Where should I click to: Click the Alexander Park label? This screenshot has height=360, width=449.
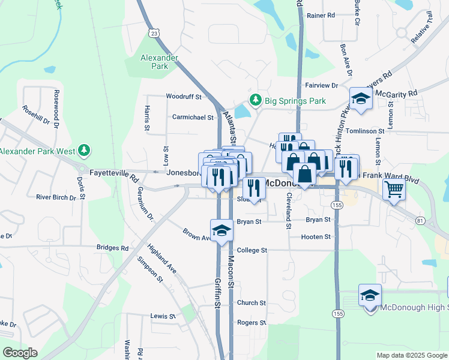[x=159, y=62]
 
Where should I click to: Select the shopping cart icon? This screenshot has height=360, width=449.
[x=394, y=190]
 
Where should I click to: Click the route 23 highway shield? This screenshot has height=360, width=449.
[x=155, y=34]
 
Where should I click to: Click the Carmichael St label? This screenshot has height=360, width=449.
[x=193, y=118]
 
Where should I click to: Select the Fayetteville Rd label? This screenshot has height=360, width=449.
[x=114, y=172]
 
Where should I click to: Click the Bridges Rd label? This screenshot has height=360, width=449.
[x=112, y=248]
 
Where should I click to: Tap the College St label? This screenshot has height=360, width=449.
[x=252, y=250]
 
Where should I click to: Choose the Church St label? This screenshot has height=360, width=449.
[x=251, y=303]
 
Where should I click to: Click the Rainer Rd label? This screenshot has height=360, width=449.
[x=320, y=15]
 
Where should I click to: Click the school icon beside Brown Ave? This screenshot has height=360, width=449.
[x=221, y=230]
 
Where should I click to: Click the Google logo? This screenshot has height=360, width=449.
[x=20, y=353]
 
